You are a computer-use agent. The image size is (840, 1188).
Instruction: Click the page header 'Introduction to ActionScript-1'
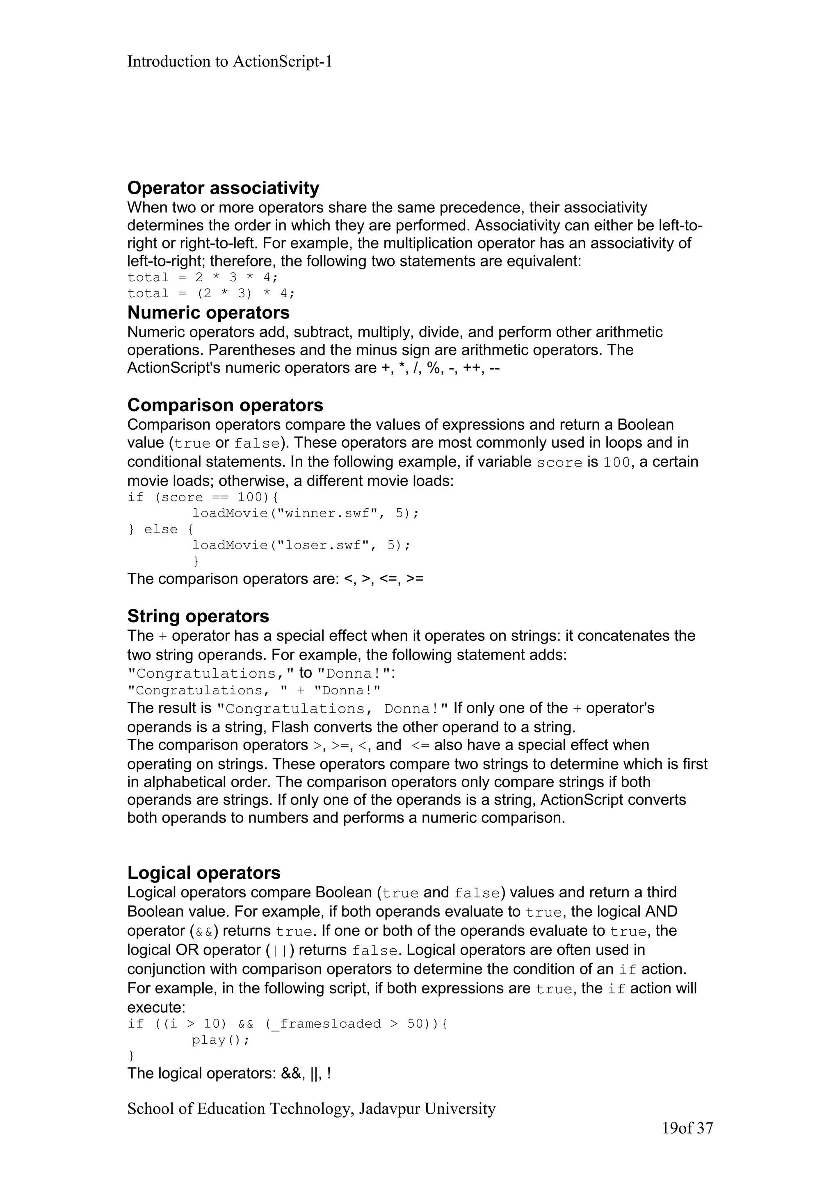point(229,62)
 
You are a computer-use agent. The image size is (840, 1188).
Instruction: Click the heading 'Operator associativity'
point(223,188)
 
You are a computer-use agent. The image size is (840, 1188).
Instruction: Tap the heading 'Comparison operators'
point(225,405)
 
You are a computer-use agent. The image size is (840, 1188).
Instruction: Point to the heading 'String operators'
point(198,616)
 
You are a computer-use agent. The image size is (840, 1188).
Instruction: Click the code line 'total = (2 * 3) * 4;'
point(211,294)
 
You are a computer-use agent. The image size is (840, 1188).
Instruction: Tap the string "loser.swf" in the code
point(322,545)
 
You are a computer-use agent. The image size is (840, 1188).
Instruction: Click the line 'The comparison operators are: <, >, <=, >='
point(275,578)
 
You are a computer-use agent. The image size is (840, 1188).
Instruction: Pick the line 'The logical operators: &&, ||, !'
point(229,1073)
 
